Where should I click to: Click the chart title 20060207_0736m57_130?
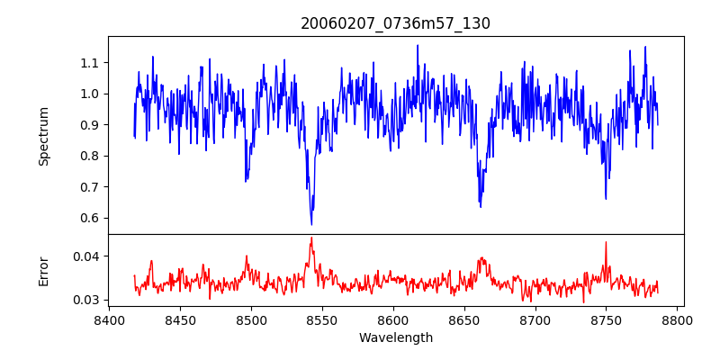(x=395, y=23)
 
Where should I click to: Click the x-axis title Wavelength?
(x=395, y=338)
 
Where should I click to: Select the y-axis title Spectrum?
(x=43, y=136)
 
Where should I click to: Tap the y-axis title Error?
(x=43, y=271)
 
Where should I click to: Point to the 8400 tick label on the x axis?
(x=109, y=319)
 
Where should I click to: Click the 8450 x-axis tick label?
(x=180, y=319)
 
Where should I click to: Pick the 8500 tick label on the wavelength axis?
(x=251, y=319)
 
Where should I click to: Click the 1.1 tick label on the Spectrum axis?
(x=90, y=63)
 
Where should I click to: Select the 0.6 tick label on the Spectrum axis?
(x=90, y=218)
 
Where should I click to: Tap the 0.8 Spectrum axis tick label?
(x=90, y=156)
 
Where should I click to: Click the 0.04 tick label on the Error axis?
(x=86, y=256)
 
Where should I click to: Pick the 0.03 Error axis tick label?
(x=86, y=300)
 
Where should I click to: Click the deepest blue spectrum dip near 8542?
(x=311, y=224)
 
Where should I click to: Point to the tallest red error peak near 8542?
(x=311, y=238)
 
